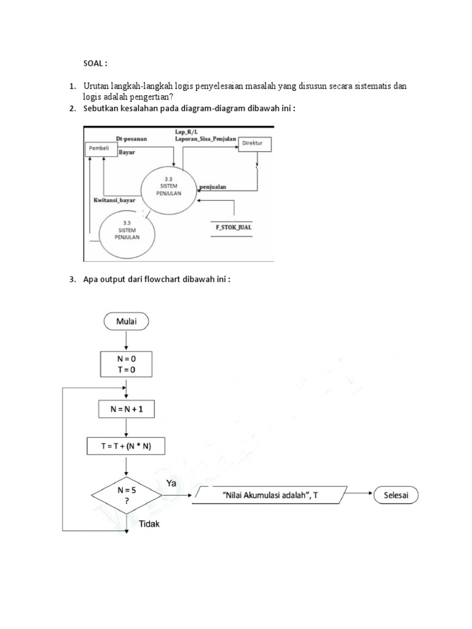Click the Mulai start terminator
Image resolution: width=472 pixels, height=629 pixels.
click(x=126, y=320)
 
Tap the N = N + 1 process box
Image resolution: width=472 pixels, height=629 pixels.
click(x=126, y=408)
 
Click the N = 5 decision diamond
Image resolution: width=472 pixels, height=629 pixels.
click(x=126, y=495)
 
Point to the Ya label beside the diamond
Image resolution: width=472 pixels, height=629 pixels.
click(x=171, y=483)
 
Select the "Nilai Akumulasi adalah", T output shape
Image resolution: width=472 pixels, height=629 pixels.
click(x=269, y=495)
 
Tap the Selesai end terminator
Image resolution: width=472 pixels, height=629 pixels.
click(x=396, y=495)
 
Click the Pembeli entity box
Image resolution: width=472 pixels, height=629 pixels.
click(x=101, y=148)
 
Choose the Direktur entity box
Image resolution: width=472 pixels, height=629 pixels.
click(x=254, y=143)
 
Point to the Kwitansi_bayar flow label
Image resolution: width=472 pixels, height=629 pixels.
click(x=114, y=200)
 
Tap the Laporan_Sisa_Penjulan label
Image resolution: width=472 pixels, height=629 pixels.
click(x=206, y=139)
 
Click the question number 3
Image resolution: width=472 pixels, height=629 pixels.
click(x=71, y=280)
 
